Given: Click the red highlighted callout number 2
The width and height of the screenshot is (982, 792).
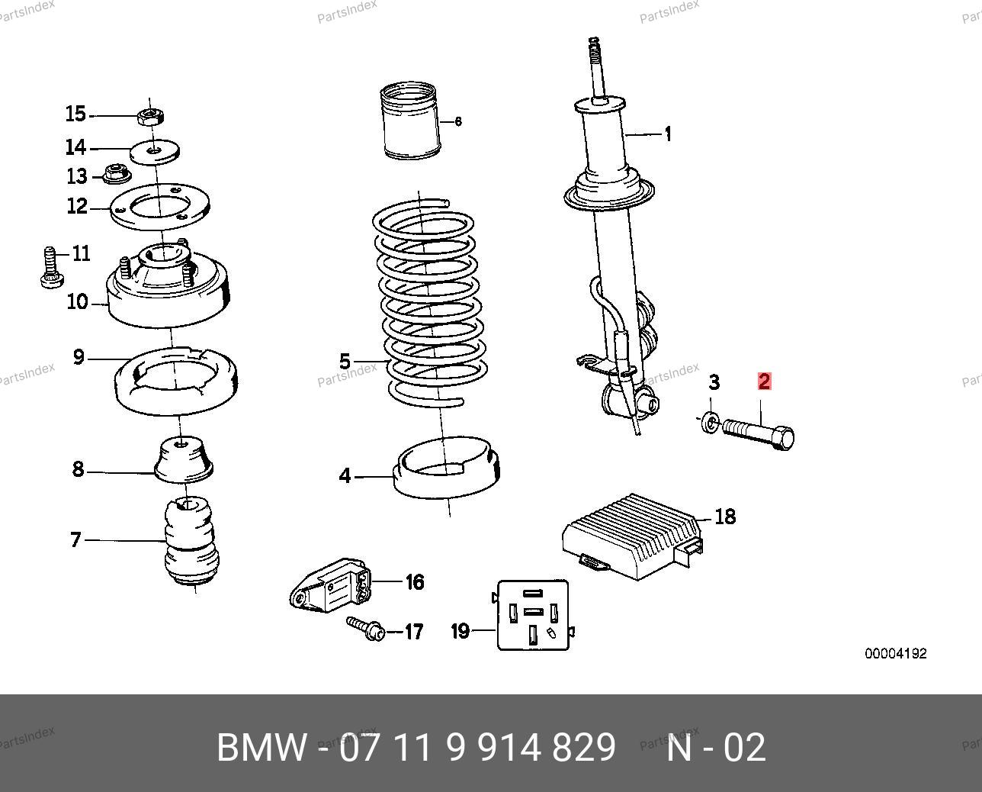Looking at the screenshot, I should (764, 382).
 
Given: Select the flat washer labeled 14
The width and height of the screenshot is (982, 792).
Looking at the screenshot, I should (155, 151).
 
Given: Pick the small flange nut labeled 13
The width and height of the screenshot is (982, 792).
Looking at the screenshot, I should (115, 175).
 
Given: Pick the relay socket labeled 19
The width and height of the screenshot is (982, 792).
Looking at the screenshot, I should (533, 614).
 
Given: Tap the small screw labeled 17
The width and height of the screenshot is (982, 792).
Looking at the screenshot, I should (366, 627).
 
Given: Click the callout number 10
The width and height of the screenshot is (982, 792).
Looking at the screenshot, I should (78, 301).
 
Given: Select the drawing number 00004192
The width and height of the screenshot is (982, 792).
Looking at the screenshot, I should (895, 654).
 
